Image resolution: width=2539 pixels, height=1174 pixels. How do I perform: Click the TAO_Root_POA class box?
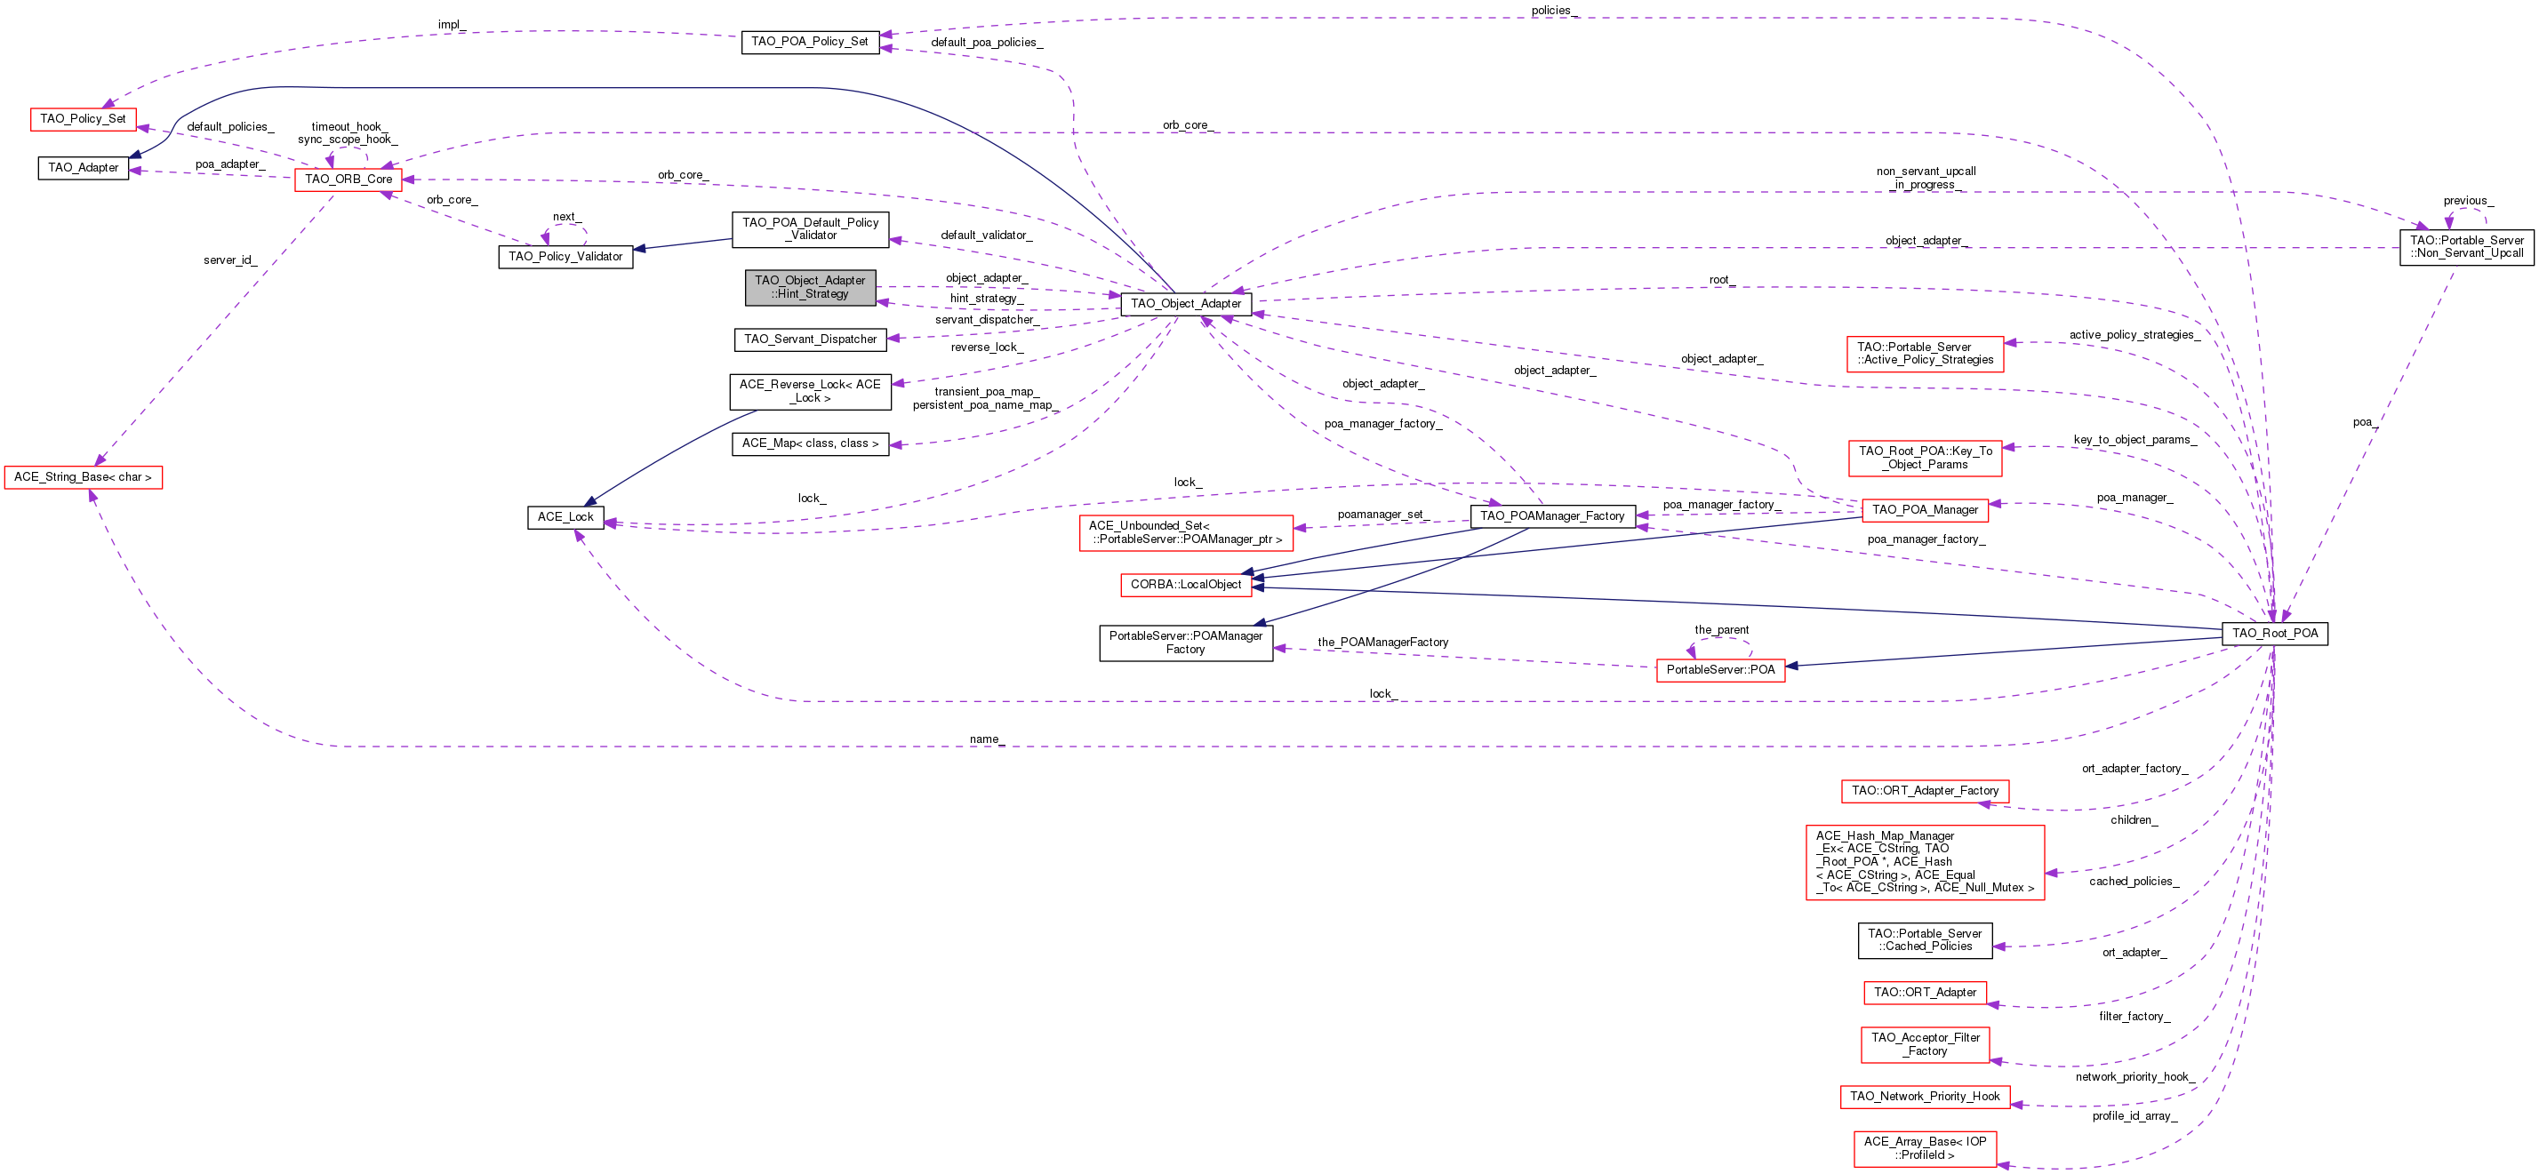point(2275,633)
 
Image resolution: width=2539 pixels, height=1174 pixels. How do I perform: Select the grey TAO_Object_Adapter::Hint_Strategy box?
point(810,287)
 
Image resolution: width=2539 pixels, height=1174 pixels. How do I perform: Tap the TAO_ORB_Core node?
point(348,180)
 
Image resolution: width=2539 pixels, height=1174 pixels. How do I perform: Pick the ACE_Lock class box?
point(565,516)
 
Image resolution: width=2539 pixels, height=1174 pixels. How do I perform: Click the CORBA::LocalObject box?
point(1186,585)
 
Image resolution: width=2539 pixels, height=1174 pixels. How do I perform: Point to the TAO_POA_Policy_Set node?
point(809,43)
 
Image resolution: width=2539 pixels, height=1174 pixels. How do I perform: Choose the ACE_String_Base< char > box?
point(83,477)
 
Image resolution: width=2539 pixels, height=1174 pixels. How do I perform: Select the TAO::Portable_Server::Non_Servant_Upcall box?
point(2466,246)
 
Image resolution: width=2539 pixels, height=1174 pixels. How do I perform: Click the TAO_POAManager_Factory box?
point(1552,515)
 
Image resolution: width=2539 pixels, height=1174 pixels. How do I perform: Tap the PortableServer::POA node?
point(1720,669)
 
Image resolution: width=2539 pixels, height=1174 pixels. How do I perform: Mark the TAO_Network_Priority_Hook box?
point(1925,1096)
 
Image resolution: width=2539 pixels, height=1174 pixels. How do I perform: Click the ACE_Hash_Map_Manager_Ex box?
point(1925,861)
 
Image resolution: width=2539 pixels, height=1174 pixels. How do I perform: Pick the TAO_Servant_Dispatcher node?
point(810,339)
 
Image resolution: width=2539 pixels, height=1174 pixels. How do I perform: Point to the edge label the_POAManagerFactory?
point(1383,643)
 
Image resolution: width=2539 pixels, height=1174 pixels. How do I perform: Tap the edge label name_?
point(987,739)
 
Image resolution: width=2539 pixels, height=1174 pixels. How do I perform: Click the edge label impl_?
point(452,25)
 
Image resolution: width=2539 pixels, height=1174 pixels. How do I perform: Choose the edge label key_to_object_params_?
point(2135,440)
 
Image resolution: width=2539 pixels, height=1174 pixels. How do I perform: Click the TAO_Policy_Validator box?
point(565,256)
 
